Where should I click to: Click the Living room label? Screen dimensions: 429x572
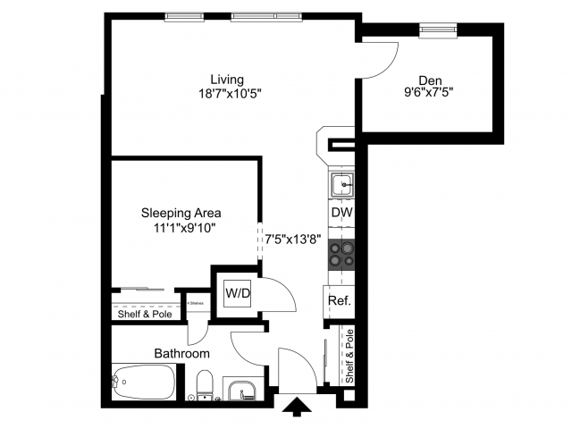pyautogui.click(x=227, y=79)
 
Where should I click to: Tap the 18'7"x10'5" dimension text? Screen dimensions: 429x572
pyautogui.click(x=230, y=93)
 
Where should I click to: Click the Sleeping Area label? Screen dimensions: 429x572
pyautogui.click(x=181, y=213)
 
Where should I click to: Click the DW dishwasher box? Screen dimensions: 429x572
pyautogui.click(x=341, y=214)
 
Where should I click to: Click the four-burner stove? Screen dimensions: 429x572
pyautogui.click(x=341, y=256)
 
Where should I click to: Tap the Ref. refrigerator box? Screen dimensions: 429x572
pyautogui.click(x=339, y=300)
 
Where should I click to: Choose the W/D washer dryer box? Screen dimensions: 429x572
pyautogui.click(x=237, y=292)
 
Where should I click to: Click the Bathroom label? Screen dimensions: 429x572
pyautogui.click(x=182, y=353)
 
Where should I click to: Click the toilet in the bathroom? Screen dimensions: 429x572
pyautogui.click(x=203, y=386)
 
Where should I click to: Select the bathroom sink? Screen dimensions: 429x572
pyautogui.click(x=240, y=390)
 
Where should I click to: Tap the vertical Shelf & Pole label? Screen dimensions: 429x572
pyautogui.click(x=349, y=356)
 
